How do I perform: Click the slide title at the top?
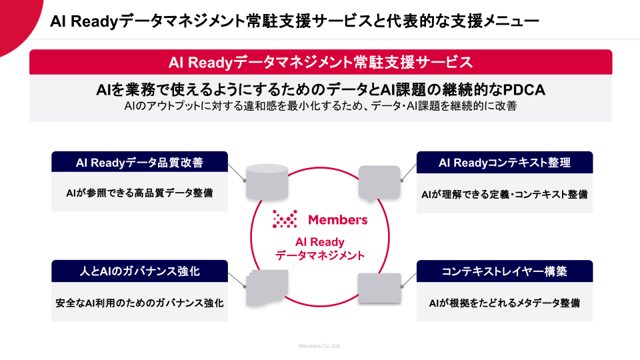(x=294, y=21)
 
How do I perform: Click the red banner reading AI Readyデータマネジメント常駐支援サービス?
(x=321, y=62)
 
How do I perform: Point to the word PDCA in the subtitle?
(x=524, y=90)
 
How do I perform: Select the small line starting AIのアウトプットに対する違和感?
(x=321, y=106)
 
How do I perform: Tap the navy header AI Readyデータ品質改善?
(x=139, y=162)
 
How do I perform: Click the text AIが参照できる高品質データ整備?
(x=139, y=193)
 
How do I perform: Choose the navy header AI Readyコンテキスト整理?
(x=505, y=163)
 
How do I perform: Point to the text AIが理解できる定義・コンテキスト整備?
(x=505, y=194)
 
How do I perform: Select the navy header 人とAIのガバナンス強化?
(x=139, y=271)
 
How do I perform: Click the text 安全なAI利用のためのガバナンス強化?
(x=139, y=303)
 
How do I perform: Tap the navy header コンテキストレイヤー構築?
(x=505, y=271)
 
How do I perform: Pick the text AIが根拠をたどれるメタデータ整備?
(x=505, y=303)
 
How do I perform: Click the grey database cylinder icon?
(x=267, y=182)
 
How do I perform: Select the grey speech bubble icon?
(x=379, y=183)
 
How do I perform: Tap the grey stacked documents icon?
(x=267, y=288)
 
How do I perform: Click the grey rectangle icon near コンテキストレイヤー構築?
(x=379, y=288)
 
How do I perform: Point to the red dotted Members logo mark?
(x=285, y=219)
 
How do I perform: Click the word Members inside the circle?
(x=337, y=220)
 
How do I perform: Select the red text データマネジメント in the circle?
(x=320, y=255)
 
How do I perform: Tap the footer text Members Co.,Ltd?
(x=319, y=346)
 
